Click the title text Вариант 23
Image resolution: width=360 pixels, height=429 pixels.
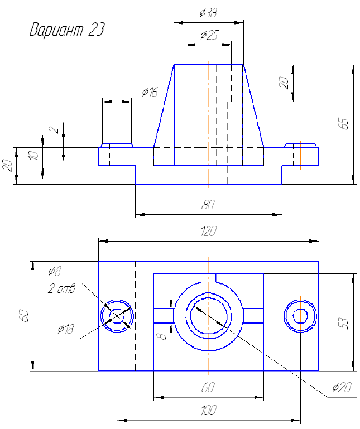pyautogui.click(x=67, y=30)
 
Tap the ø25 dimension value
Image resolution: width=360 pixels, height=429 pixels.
pyautogui.click(x=208, y=36)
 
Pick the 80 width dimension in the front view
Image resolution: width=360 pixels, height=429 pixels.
pyautogui.click(x=208, y=205)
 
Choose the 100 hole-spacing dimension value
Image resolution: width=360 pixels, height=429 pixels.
pyautogui.click(x=208, y=411)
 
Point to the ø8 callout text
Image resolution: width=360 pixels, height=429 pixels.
pyautogui.click(x=55, y=272)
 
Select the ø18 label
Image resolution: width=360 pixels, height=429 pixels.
pyautogui.click(x=65, y=330)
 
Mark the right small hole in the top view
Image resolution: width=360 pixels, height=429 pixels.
pyautogui.click(x=300, y=315)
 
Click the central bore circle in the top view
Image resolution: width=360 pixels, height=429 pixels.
pyautogui.click(x=208, y=315)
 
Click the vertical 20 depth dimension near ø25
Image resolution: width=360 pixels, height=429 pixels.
pyautogui.click(x=284, y=83)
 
